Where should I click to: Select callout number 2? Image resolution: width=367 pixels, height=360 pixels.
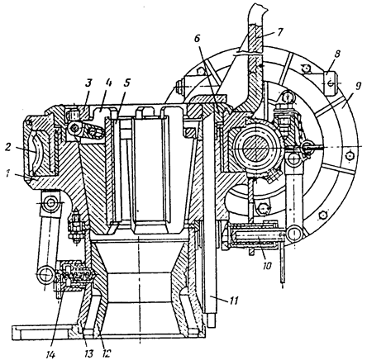[x=8, y=147]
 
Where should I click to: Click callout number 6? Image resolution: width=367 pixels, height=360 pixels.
[x=197, y=39]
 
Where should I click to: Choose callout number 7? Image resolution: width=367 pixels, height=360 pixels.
[x=279, y=32]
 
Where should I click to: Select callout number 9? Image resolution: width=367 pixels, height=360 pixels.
[x=357, y=88]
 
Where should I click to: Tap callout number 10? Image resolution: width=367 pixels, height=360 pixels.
[x=266, y=266]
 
